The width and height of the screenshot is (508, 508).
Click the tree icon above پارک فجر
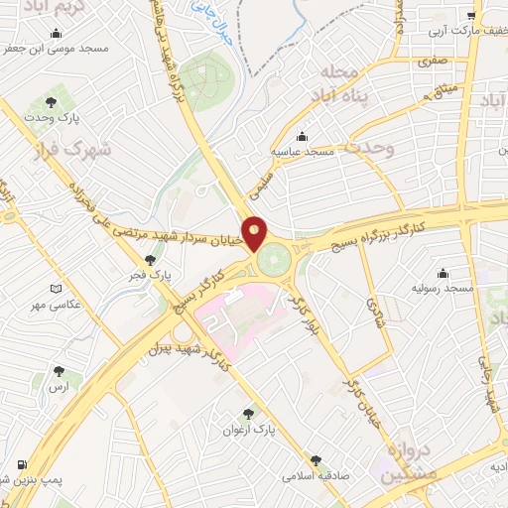(x=150, y=259)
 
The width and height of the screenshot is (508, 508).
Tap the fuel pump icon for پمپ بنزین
(x=21, y=464)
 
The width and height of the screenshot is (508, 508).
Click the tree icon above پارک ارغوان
(x=247, y=415)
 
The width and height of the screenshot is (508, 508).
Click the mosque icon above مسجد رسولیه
(x=443, y=274)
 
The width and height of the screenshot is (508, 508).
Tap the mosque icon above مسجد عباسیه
(x=303, y=137)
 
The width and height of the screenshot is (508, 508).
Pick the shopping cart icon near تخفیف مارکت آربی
(x=473, y=15)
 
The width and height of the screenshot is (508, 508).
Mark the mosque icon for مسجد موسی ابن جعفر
(x=9, y=49)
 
